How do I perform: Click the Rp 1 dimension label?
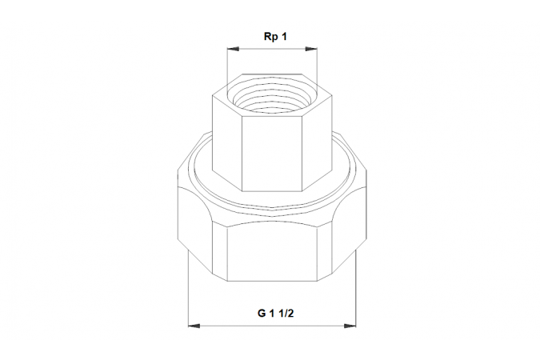pyautogui.click(x=275, y=37)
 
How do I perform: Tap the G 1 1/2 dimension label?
pyautogui.click(x=275, y=314)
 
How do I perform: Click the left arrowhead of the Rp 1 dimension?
pyautogui.click(x=233, y=50)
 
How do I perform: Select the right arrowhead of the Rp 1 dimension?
pyautogui.click(x=311, y=50)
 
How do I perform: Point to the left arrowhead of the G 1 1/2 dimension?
pyautogui.click(x=194, y=326)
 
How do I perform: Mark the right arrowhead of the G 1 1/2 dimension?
pyautogui.click(x=350, y=326)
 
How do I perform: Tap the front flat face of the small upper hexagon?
pyautogui.click(x=272, y=154)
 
